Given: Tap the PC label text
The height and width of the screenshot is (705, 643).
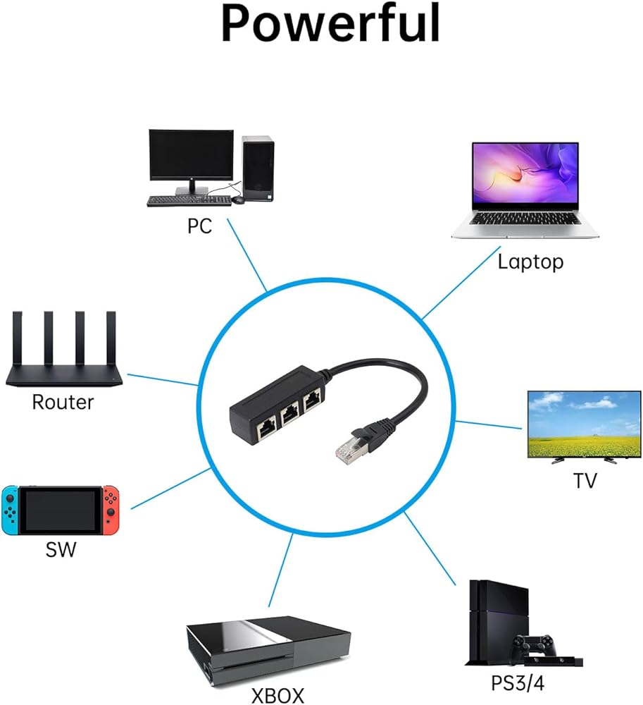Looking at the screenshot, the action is click(x=199, y=226).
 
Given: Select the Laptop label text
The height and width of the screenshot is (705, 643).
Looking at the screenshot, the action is click(x=530, y=262).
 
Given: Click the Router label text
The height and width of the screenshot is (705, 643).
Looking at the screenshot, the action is click(x=63, y=402).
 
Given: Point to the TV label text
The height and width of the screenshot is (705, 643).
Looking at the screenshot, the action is click(x=585, y=481).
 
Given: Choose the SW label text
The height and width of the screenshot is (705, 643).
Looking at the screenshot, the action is click(x=61, y=549).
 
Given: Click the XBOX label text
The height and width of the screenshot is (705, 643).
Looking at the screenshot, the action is click(x=277, y=695).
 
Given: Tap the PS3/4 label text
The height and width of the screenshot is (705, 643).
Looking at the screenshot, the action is click(x=518, y=682).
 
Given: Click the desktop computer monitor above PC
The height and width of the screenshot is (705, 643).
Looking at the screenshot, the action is click(x=191, y=157).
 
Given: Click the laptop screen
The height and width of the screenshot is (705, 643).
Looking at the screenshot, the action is click(x=525, y=175).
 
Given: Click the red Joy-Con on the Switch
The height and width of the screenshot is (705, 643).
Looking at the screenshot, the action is click(x=112, y=509).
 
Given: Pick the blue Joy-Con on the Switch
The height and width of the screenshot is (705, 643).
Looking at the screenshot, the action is click(x=9, y=509).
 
